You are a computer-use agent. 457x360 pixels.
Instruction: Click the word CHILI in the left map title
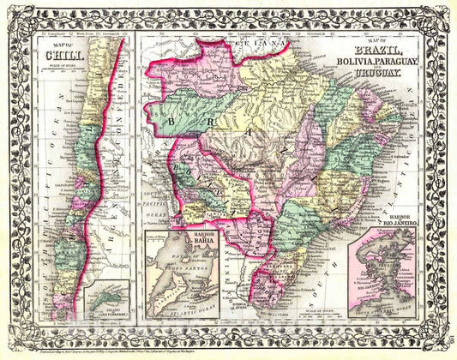click(x=58, y=58)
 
